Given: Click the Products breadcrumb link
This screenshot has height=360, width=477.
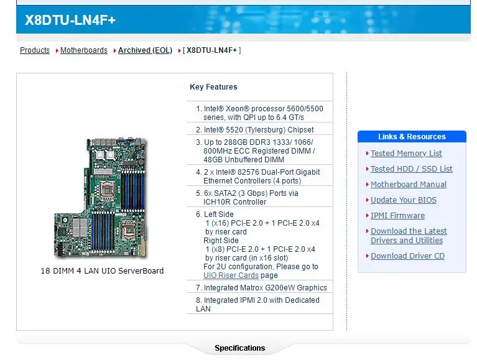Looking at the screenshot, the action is [x=35, y=50].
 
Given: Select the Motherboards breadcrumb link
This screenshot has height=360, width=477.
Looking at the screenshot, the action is [x=84, y=50].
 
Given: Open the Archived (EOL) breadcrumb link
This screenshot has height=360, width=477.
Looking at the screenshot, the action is [x=145, y=50].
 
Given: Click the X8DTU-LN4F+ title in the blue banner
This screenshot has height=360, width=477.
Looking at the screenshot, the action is [x=70, y=20].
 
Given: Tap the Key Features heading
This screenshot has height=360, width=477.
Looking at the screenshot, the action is [x=213, y=87].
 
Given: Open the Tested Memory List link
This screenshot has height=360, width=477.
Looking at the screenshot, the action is [x=406, y=154].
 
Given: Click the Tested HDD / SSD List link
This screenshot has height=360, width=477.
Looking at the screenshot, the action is [x=411, y=169].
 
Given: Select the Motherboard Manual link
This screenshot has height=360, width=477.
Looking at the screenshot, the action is [x=409, y=185].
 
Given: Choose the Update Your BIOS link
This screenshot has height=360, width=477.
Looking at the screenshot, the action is [x=404, y=200].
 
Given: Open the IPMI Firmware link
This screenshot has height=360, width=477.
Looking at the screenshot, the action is [x=397, y=216].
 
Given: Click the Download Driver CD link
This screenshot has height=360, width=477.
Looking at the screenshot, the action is [x=407, y=256].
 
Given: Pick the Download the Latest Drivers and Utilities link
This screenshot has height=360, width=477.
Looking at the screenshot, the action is [x=409, y=236].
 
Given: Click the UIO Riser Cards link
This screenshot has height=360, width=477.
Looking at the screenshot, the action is [x=231, y=275].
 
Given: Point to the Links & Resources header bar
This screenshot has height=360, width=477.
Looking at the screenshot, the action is [x=412, y=137].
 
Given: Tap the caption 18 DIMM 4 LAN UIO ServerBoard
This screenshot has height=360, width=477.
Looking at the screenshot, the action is [x=102, y=271].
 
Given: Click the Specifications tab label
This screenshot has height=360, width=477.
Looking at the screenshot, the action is [x=239, y=348].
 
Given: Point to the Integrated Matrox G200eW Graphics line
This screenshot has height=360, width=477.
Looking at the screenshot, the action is [x=265, y=288].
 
